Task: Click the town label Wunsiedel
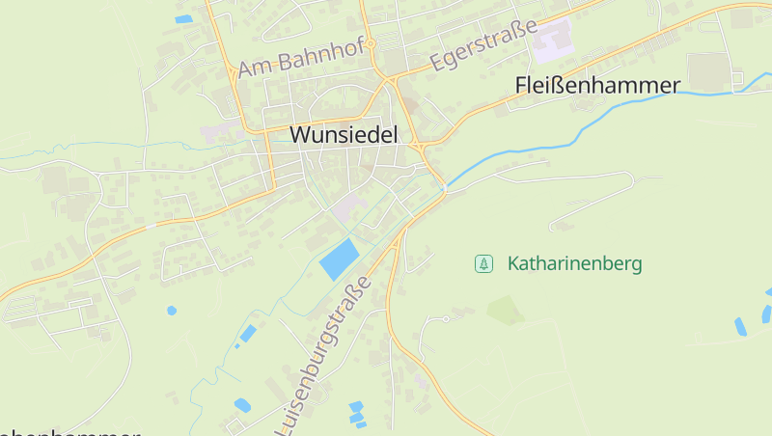coord(344,135)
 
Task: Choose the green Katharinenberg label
coord(574,263)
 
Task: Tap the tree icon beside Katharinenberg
coord(483,263)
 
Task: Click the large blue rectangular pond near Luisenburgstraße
coord(339,259)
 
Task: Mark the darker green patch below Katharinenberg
coord(505,311)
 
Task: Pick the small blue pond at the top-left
coord(183,18)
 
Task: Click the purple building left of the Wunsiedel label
coord(216,129)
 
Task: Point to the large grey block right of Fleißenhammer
coord(711,70)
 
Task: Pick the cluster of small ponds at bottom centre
coord(356,413)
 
